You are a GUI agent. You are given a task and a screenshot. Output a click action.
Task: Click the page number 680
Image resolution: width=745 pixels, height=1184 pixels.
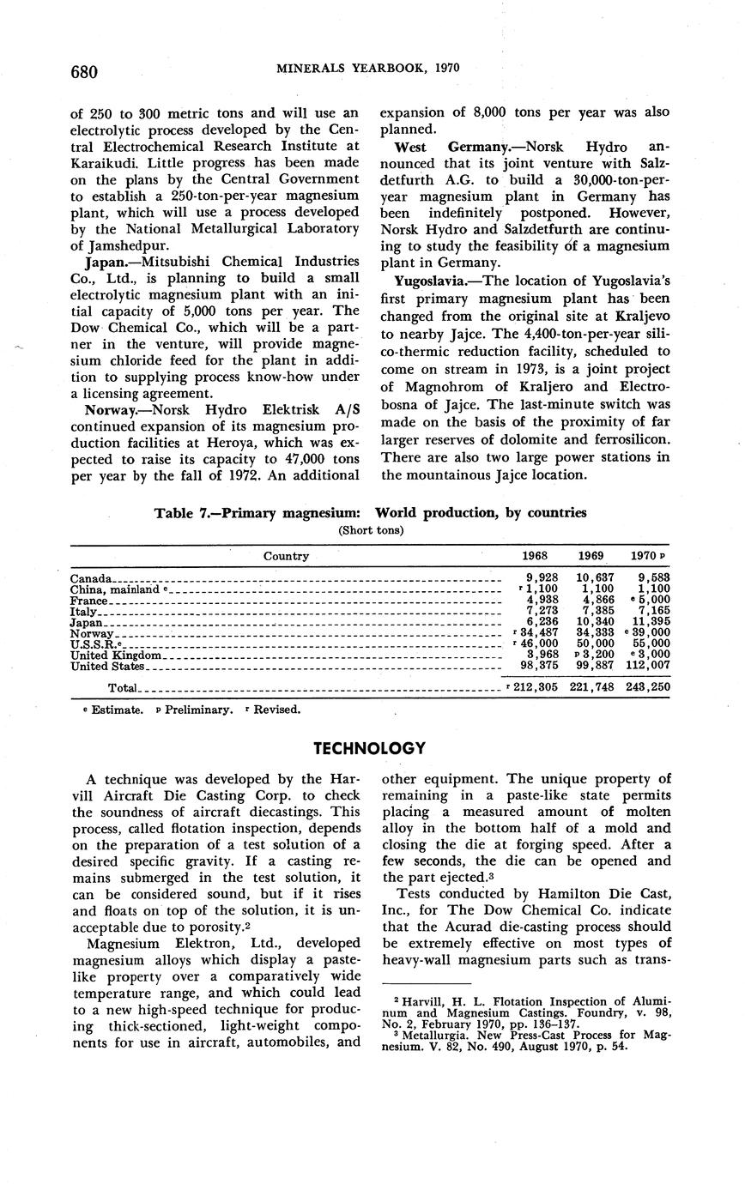[x=84, y=71]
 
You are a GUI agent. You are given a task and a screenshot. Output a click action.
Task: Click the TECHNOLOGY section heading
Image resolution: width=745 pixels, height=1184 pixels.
[x=369, y=748]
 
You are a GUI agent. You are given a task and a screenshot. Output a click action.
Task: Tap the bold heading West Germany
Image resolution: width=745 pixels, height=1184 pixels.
[x=448, y=148]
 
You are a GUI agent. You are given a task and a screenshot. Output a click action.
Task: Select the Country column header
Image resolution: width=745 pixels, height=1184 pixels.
[x=286, y=556]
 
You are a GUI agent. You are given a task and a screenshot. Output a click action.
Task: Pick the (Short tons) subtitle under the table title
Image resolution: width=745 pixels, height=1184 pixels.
[x=370, y=529]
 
